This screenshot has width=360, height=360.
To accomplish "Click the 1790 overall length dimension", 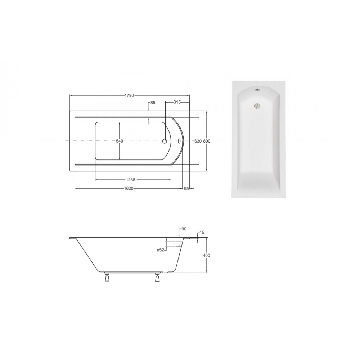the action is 129,95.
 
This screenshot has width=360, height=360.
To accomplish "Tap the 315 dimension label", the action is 177,102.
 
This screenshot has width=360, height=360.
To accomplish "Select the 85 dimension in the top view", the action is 153,102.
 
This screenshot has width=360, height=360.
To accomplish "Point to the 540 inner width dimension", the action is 120,141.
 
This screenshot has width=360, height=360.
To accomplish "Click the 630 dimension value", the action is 198,141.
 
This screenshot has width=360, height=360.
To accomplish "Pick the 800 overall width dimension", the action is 207,141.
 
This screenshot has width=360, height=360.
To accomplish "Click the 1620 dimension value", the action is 129,188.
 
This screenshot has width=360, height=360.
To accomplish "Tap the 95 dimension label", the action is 186,188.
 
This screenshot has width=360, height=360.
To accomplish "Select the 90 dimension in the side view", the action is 184,229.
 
